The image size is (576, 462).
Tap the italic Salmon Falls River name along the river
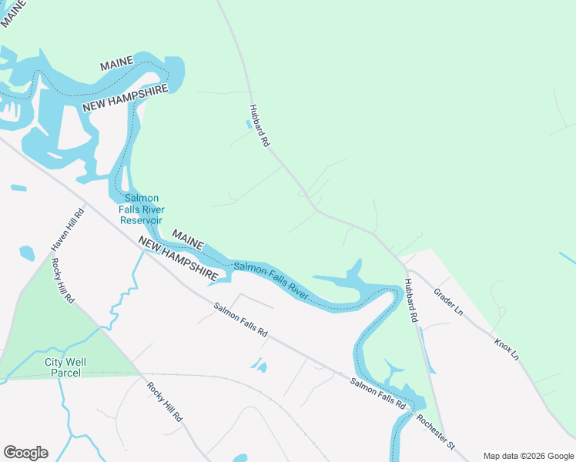(270, 280)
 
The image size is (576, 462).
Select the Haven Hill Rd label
(67, 229)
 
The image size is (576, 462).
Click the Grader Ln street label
(448, 303)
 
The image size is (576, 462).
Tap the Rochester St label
(436, 432)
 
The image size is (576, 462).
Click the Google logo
(25, 453)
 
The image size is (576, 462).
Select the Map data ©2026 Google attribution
(527, 456)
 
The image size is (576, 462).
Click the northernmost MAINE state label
(117, 64)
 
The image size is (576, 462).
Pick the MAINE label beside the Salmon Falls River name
(187, 239)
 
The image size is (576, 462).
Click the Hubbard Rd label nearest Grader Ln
(413, 300)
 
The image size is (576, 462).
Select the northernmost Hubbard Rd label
(259, 126)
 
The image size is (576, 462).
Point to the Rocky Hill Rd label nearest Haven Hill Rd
(62, 280)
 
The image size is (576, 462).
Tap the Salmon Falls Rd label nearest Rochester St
(379, 393)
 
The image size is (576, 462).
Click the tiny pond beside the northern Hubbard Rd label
(247, 122)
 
